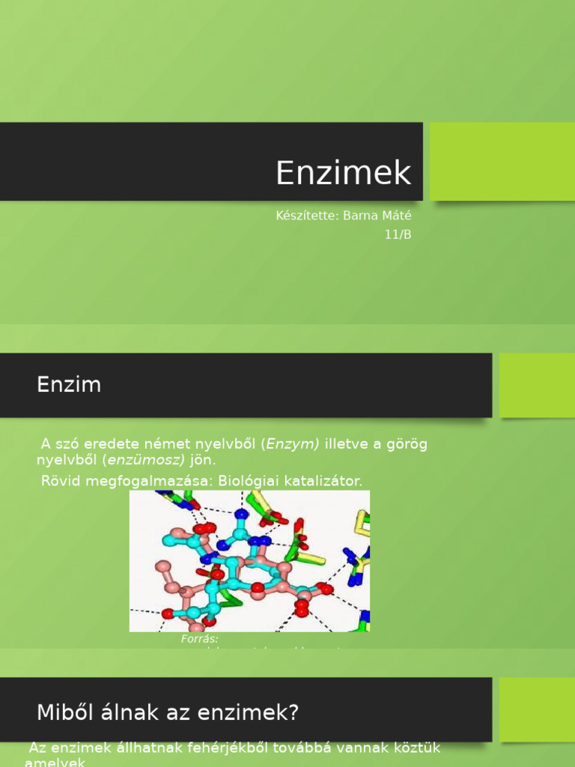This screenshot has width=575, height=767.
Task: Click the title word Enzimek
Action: tap(344, 173)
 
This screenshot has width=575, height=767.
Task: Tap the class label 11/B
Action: tap(398, 234)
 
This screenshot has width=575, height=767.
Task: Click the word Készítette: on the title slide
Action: tap(307, 216)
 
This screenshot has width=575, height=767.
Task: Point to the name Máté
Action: tap(398, 216)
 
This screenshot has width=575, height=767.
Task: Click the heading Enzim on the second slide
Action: tap(69, 385)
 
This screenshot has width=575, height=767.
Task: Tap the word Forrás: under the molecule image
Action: tap(199, 639)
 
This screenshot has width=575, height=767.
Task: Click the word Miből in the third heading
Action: tap(63, 712)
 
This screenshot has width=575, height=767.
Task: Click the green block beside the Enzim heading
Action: tap(537, 385)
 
